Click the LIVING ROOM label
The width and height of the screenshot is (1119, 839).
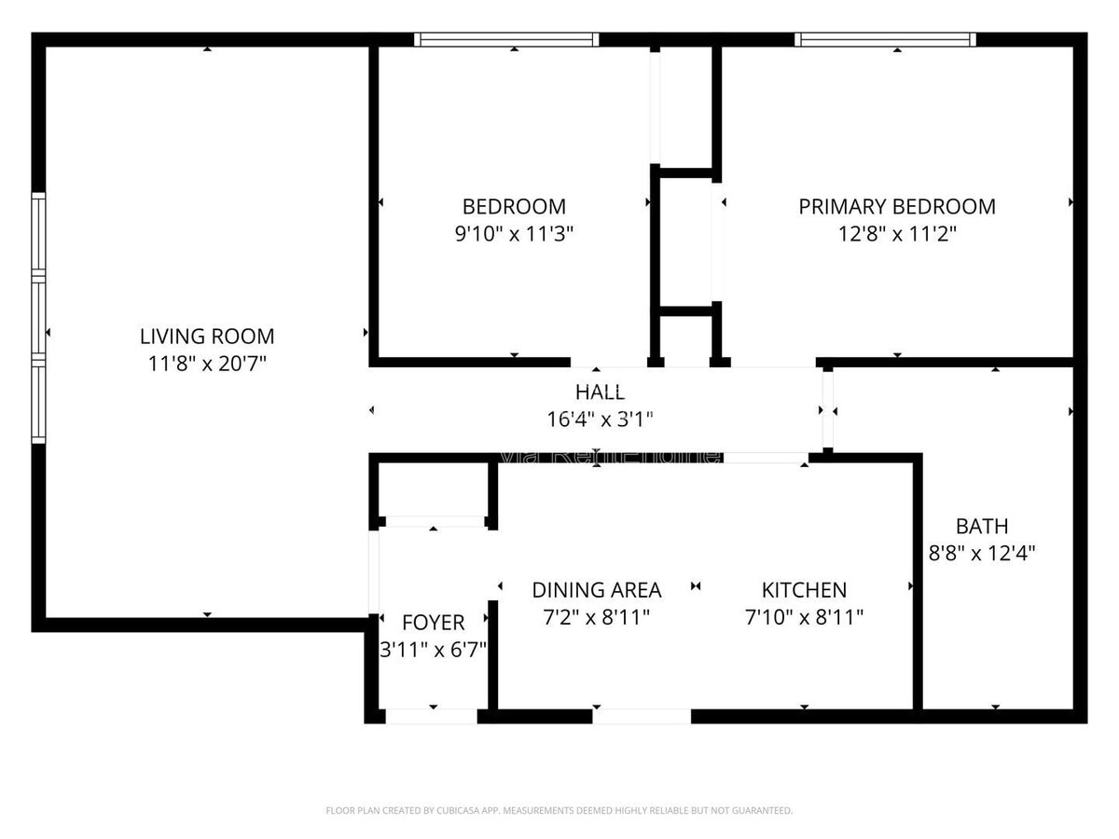[x=207, y=337]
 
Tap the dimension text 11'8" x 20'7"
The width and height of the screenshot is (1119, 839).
[x=207, y=364]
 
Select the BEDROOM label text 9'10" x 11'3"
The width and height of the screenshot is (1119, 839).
[x=514, y=233]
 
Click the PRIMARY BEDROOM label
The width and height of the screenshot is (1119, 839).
[x=897, y=207]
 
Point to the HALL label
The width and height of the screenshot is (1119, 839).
[x=600, y=392]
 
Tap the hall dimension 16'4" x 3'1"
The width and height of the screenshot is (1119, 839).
[x=600, y=419]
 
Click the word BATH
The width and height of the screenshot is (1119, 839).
[x=982, y=526]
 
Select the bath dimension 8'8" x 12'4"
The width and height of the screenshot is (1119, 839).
[x=982, y=553]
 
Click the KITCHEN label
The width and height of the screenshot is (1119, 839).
[x=804, y=590]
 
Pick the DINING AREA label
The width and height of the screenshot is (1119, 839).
[x=597, y=590]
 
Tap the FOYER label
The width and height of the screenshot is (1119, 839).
[x=433, y=623]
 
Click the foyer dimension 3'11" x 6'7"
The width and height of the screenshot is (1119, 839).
[x=433, y=649]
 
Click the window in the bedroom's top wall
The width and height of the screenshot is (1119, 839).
[x=506, y=39]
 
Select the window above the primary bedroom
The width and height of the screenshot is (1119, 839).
[x=886, y=39]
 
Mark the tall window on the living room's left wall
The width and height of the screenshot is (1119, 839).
[x=38, y=317]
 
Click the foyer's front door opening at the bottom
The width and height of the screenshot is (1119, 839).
[x=431, y=716]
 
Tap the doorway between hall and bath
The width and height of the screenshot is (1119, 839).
[x=827, y=410]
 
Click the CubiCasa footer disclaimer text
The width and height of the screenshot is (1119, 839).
[x=559, y=810]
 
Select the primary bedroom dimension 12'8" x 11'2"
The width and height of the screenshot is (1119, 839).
[x=897, y=233]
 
